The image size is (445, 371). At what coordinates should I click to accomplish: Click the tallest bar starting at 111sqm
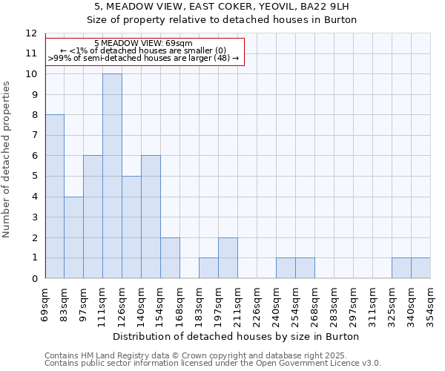[112, 176]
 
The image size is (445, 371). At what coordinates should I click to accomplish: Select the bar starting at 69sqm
[54, 197]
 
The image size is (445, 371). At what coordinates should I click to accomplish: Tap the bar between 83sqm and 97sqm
[73, 237]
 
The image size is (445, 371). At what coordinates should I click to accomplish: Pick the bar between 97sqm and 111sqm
[93, 217]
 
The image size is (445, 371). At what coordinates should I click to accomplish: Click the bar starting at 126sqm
[131, 227]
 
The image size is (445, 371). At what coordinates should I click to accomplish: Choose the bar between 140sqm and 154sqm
[151, 217]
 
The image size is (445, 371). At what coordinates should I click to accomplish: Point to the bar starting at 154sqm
[170, 257]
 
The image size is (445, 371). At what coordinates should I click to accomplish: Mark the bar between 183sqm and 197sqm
[208, 268]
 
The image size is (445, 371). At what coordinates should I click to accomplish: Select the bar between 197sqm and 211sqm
[228, 257]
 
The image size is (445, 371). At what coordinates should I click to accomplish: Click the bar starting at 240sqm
[286, 268]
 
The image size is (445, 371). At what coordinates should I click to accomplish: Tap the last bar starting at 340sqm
[421, 268]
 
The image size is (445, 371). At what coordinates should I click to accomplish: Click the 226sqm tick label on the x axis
[257, 304]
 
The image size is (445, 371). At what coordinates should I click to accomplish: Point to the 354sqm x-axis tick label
[430, 304]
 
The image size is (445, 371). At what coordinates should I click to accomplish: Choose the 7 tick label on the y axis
[33, 136]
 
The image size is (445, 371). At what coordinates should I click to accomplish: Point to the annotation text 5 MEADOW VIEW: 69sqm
[144, 43]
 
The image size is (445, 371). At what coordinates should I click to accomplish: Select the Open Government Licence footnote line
[213, 363]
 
